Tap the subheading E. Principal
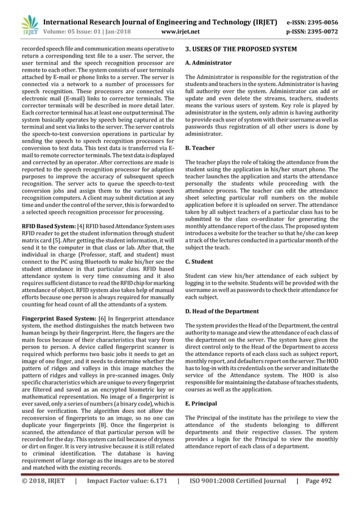203,404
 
